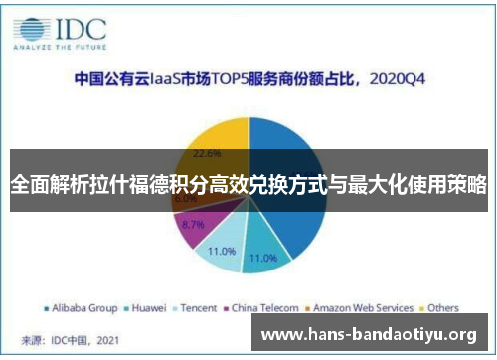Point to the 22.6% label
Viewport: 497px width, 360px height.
(x=206, y=154)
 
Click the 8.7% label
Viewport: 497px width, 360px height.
(x=195, y=225)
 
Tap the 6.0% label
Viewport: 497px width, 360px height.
(x=185, y=199)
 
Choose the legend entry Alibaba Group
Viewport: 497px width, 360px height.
(x=82, y=307)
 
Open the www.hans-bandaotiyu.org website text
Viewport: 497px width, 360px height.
(x=368, y=335)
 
